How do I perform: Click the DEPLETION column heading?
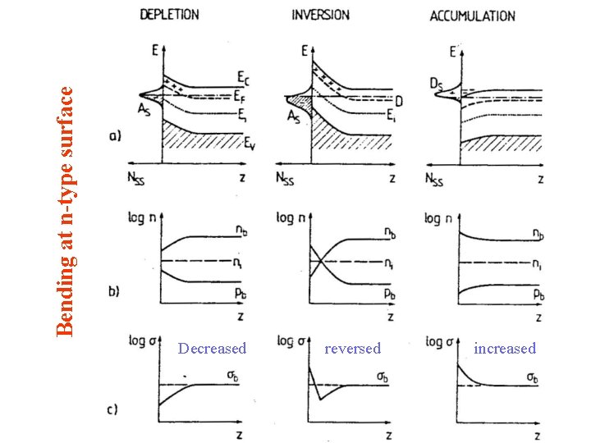click(169, 14)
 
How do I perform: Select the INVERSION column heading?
click(320, 14)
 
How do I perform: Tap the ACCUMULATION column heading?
click(473, 16)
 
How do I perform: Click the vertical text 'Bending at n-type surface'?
click(69, 201)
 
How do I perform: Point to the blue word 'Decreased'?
click(212, 349)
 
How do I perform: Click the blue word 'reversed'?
click(353, 349)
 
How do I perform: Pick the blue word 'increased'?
click(505, 349)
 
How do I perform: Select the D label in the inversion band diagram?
click(398, 100)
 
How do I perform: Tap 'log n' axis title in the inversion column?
click(293, 219)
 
